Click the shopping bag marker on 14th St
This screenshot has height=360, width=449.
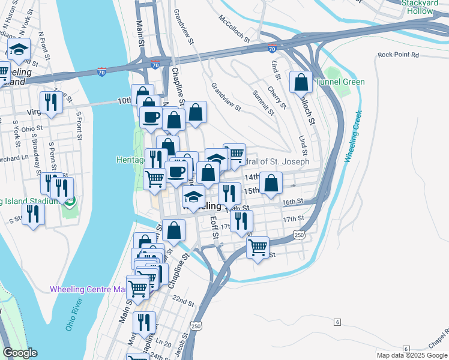pyautogui.click(x=271, y=183)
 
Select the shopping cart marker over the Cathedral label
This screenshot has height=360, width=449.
pyautogui.click(x=235, y=154)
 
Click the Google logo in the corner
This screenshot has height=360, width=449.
pyautogui.click(x=20, y=353)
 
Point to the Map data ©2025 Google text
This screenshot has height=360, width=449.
pyautogui.click(x=412, y=355)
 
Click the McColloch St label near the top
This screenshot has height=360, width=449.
pyautogui.click(x=234, y=28)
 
